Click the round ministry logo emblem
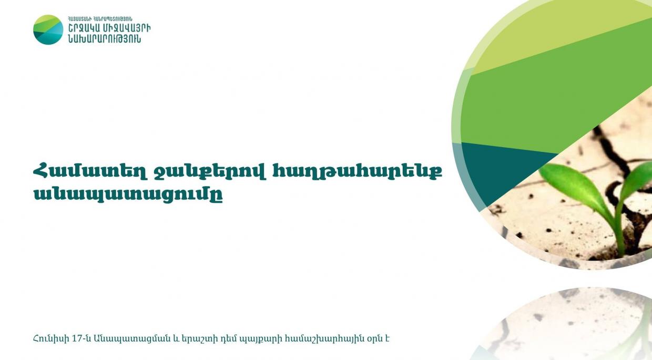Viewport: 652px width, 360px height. [48, 29]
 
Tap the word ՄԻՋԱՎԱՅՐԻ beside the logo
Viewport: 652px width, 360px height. [127, 28]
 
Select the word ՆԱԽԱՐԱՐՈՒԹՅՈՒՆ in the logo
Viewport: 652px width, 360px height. [105, 39]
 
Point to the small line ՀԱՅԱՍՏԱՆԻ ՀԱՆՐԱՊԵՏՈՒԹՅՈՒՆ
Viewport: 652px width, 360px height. [100, 19]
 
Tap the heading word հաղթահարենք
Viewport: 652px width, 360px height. [358, 171]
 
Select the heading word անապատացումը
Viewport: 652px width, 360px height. [128, 194]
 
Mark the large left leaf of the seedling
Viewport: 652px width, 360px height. [574, 186]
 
